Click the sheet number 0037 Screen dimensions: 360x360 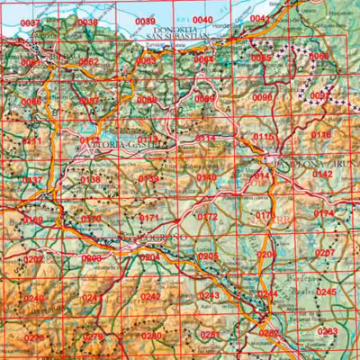(31, 22)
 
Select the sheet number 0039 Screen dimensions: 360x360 (145, 21)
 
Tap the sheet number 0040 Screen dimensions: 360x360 (203, 20)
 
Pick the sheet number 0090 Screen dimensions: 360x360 (263, 97)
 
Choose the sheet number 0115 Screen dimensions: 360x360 (264, 136)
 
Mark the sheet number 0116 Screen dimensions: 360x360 (321, 134)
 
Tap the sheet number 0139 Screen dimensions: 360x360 (148, 178)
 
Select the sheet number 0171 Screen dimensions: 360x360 (149, 218)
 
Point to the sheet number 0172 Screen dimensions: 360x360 (208, 216)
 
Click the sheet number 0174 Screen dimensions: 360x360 (324, 213)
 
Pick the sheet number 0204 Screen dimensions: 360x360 (150, 257)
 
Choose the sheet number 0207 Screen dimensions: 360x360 (325, 253)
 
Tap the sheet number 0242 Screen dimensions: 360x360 (151, 296)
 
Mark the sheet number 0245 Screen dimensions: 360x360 (326, 292)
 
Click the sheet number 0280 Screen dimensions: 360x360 (152, 336)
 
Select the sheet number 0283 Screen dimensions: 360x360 (328, 331)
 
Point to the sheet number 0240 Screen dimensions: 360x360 (34, 298)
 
